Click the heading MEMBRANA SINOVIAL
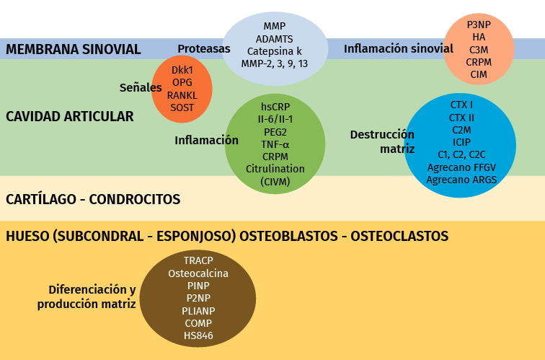click(73, 49)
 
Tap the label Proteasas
click(204, 49)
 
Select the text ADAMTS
click(274, 38)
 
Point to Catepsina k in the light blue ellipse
click(274, 51)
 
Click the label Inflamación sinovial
click(398, 49)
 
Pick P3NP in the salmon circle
click(479, 24)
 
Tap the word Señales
click(141, 87)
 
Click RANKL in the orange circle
click(182, 95)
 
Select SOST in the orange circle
click(182, 107)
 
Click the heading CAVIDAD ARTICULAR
click(70, 116)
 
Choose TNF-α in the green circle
click(275, 144)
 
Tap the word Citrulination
click(275, 169)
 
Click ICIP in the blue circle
click(461, 141)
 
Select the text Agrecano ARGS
click(461, 180)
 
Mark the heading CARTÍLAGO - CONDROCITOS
click(93, 199)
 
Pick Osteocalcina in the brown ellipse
click(198, 273)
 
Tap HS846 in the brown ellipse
click(198, 335)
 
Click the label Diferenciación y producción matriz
click(87, 297)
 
